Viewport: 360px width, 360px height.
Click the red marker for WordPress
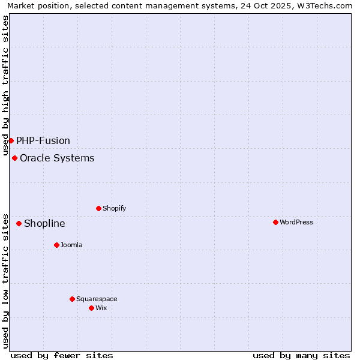click(x=275, y=222)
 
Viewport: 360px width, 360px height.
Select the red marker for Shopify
click(x=98, y=208)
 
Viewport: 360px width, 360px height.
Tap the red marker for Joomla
click(x=56, y=245)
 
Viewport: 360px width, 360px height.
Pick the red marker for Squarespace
click(x=72, y=299)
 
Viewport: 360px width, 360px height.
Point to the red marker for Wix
click(x=91, y=308)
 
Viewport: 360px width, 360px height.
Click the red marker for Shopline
click(x=19, y=223)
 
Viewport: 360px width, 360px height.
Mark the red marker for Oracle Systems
click(x=14, y=158)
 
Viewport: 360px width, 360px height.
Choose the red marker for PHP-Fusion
click(x=11, y=140)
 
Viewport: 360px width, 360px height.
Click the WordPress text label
click(x=296, y=223)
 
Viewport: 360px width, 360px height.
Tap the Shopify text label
click(x=114, y=209)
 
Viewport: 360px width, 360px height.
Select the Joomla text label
click(x=71, y=245)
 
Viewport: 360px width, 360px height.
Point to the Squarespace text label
click(x=97, y=299)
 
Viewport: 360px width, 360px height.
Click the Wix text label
click(x=101, y=308)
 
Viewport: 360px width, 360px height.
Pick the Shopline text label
click(x=44, y=224)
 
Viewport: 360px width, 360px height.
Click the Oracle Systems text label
click(x=57, y=158)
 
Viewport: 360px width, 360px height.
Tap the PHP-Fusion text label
click(x=43, y=141)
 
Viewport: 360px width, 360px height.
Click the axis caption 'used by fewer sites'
click(x=62, y=355)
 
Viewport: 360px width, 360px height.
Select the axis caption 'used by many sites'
click(x=301, y=355)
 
